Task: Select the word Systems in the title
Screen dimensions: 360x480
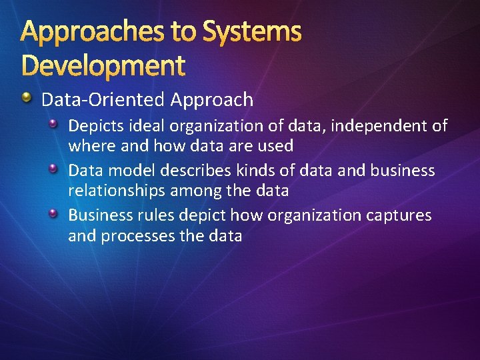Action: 252,31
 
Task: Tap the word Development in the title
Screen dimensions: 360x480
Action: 103,65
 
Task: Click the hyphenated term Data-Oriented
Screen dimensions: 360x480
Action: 103,100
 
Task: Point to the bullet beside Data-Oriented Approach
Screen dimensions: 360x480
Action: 26,99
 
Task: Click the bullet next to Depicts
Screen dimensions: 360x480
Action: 56,124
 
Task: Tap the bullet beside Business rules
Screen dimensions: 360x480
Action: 56,213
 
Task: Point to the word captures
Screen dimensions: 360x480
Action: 399,216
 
